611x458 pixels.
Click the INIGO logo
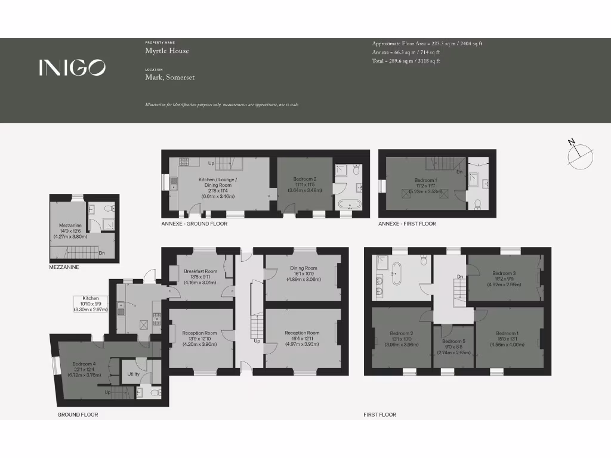point(72,67)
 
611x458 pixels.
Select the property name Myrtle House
point(167,51)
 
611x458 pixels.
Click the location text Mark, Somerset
point(169,77)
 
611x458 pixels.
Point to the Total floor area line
point(406,61)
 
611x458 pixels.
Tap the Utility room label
point(133,374)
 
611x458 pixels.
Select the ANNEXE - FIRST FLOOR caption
point(407,224)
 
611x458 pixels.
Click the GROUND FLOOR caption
point(78,414)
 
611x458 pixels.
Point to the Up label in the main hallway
point(257,341)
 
